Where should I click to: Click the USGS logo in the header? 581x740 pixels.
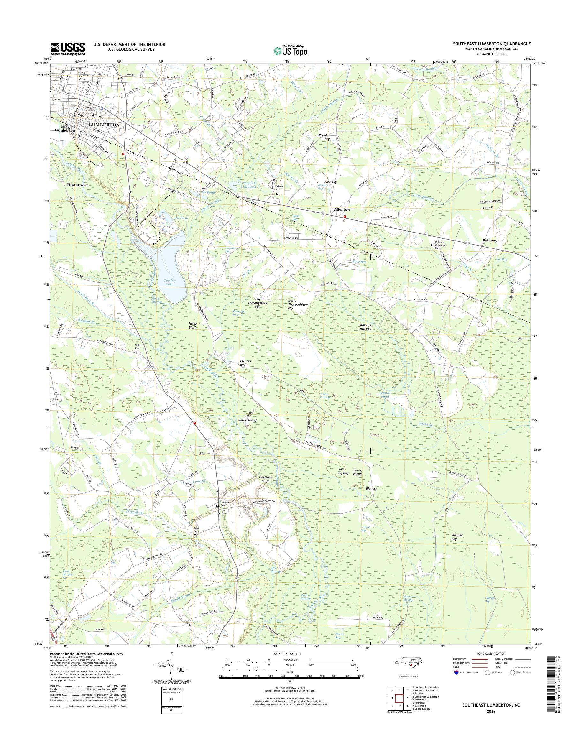point(68,48)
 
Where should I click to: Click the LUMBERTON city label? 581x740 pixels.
point(104,125)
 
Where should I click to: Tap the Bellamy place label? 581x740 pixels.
point(489,240)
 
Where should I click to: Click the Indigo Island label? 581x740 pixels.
point(247,420)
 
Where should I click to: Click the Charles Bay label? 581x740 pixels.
point(245,363)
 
